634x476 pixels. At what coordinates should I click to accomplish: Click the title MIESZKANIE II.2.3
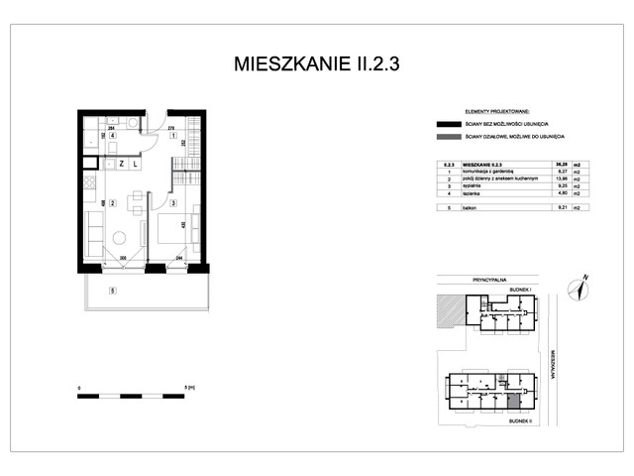[x=317, y=64]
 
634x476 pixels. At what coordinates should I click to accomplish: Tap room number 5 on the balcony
[x=113, y=290]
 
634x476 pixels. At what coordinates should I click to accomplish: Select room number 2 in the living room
[x=113, y=204]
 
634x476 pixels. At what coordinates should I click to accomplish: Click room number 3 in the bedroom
[x=172, y=204]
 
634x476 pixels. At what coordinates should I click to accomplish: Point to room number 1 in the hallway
[x=172, y=135]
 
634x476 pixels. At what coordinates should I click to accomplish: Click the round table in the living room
[x=119, y=238]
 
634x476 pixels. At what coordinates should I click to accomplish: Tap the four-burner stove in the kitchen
[x=87, y=182]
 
